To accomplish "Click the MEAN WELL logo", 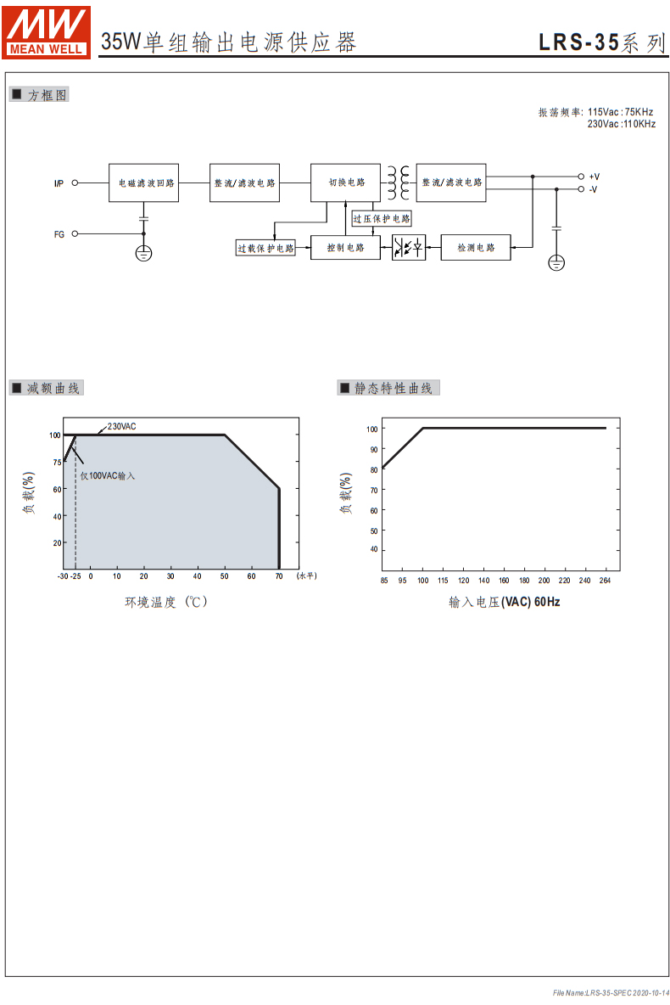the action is [46, 33].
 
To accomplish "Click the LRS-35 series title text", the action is [601, 42].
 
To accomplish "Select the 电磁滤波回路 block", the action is [143, 182].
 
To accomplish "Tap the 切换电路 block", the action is [345, 182].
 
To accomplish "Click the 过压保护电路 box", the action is [382, 218].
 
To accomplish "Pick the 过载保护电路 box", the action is [265, 248].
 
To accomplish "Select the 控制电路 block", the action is [345, 247].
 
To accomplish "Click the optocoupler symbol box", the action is [409, 247].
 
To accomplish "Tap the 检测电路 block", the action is [476, 247].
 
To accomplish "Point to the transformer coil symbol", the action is [398, 182].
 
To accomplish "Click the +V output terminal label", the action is [595, 177].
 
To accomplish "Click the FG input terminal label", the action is [59, 234].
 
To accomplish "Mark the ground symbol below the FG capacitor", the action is [143, 253].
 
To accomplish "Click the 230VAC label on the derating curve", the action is [121, 426].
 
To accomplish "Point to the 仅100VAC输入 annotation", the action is [108, 475].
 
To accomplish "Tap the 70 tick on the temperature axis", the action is [279, 576].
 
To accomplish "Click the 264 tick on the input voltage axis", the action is [605, 580].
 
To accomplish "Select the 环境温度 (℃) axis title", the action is [166, 602].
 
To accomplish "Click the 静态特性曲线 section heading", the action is [394, 389].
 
